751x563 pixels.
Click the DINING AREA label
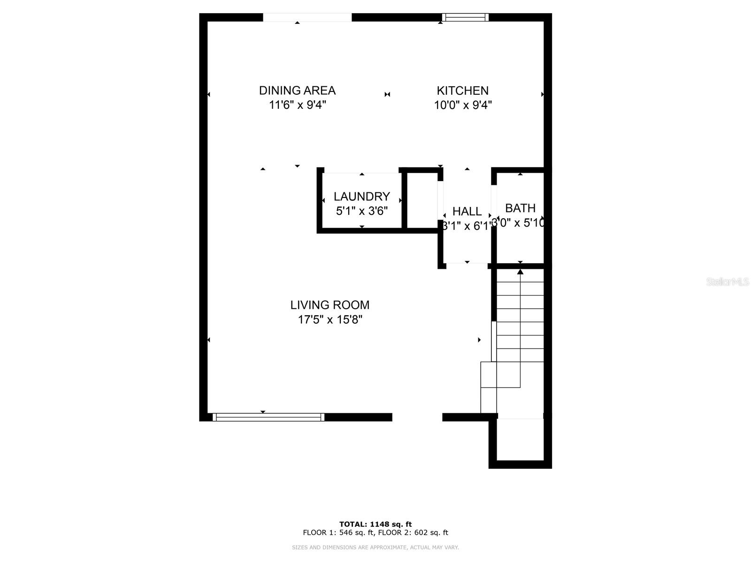tap(297, 90)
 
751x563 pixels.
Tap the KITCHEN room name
tap(462, 91)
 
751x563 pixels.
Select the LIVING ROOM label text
tap(330, 305)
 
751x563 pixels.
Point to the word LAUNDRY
tap(362, 196)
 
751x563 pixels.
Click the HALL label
tap(467, 212)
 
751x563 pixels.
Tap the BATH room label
tap(520, 208)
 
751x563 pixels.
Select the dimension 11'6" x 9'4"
tap(297, 105)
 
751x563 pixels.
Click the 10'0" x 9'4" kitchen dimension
tap(462, 105)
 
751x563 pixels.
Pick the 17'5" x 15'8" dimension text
tap(330, 320)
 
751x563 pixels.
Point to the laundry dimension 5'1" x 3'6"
tap(362, 211)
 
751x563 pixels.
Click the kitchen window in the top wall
tap(465, 17)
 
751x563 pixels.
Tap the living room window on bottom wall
tap(268, 417)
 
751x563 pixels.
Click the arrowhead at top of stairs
tap(520, 272)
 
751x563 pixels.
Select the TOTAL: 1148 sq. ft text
tap(375, 524)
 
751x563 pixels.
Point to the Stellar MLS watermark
tap(728, 282)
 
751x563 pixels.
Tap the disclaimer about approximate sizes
tap(375, 548)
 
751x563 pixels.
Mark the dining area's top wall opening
tap(307, 17)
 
